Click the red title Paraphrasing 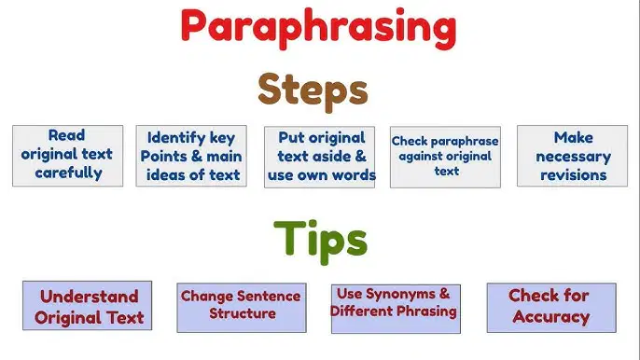(318, 28)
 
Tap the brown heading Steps (313, 91)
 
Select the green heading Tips (320, 241)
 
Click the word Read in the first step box (66, 135)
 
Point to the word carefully (69, 173)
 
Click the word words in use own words (354, 175)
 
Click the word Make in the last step (573, 137)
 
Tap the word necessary (573, 157)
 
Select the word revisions (573, 175)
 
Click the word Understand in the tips (90, 297)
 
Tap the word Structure (243, 313)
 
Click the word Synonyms (395, 294)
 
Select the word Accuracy (551, 317)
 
